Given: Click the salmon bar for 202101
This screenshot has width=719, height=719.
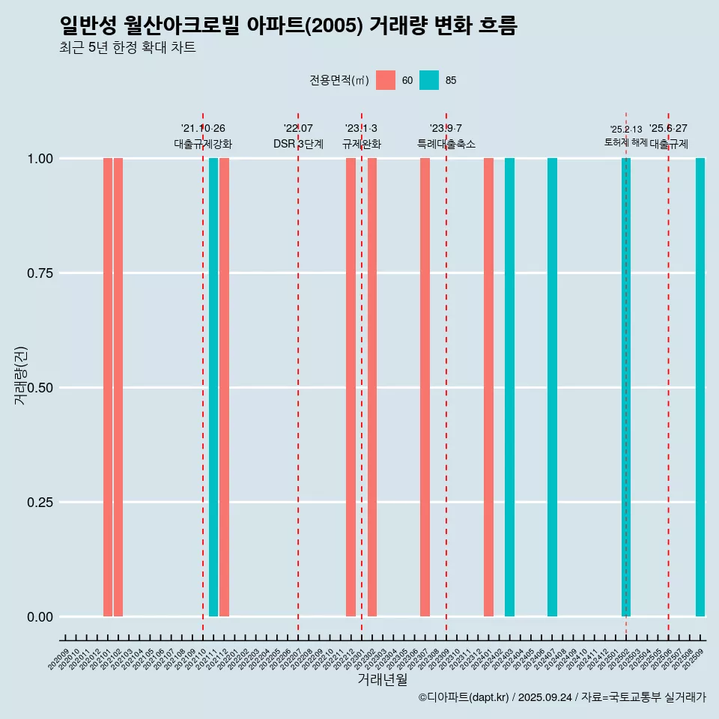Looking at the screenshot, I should pyautogui.click(x=108, y=387).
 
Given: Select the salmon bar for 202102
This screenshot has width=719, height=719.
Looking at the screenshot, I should pyautogui.click(x=118, y=387).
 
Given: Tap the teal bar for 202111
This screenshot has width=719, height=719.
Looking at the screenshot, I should pyautogui.click(x=213, y=387).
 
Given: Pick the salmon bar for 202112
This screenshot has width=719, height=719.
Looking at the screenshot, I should pyautogui.click(x=224, y=387).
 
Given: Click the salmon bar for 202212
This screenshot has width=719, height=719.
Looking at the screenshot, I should pyautogui.click(x=351, y=387).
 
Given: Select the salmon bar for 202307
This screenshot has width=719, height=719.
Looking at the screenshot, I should pyautogui.click(x=425, y=387).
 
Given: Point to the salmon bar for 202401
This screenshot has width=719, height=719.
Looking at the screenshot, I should pyautogui.click(x=488, y=387).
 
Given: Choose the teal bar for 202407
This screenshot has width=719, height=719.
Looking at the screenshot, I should pyautogui.click(x=552, y=387).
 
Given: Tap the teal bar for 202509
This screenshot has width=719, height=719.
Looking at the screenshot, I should pyautogui.click(x=700, y=387).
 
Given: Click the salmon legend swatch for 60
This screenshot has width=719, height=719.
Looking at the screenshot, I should pyautogui.click(x=386, y=80).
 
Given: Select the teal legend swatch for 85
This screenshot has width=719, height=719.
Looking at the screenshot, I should pyautogui.click(x=429, y=80).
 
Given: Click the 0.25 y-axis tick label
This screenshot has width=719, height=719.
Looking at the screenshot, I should pyautogui.click(x=40, y=502).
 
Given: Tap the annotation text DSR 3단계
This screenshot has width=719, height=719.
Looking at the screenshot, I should pyautogui.click(x=298, y=144).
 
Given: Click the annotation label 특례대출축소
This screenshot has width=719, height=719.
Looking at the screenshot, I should pyautogui.click(x=446, y=144).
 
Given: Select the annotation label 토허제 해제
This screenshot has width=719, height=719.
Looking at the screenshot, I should pyautogui.click(x=626, y=142).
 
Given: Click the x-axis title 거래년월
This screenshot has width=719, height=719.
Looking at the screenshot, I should pyautogui.click(x=383, y=679).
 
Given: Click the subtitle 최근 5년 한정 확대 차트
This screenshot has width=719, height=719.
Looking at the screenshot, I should pyautogui.click(x=127, y=48).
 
